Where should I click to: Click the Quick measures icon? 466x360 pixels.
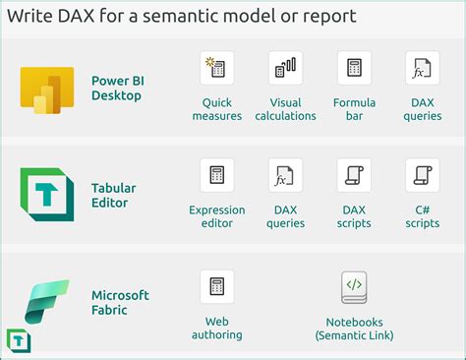coord(216,68)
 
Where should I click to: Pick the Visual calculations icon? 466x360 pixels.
coord(285,68)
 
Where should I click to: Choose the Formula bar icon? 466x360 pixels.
coord(354,68)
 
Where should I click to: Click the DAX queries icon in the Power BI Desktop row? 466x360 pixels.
coord(422,68)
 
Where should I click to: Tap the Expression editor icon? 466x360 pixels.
coord(216,175)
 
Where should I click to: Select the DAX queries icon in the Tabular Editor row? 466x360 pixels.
coord(285,175)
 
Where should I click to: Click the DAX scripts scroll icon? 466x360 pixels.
coord(354,175)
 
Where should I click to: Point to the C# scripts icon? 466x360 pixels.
coord(422,175)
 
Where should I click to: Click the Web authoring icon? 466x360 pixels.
coord(216,286)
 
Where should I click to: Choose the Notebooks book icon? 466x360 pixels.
coord(354,286)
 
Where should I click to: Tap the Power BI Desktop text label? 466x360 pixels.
coord(116,89)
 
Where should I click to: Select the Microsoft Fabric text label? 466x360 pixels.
coord(120,303)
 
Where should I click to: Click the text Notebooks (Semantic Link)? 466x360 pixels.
coord(354,329)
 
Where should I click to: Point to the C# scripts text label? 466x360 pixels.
coord(422,216)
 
